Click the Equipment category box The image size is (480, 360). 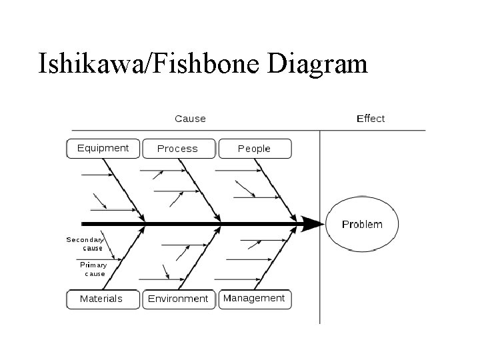click(x=103, y=148)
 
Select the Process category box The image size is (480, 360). click(x=179, y=149)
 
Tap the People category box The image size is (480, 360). click(x=255, y=149)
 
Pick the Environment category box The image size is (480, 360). click(x=178, y=299)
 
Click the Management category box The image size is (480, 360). click(x=254, y=298)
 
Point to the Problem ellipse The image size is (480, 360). click(x=362, y=224)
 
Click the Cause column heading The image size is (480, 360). click(x=190, y=119)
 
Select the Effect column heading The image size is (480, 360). click(x=371, y=119)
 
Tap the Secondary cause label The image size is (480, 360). click(x=85, y=243)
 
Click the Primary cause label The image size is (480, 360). click(x=93, y=269)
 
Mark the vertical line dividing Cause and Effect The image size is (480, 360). click(x=320, y=280)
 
